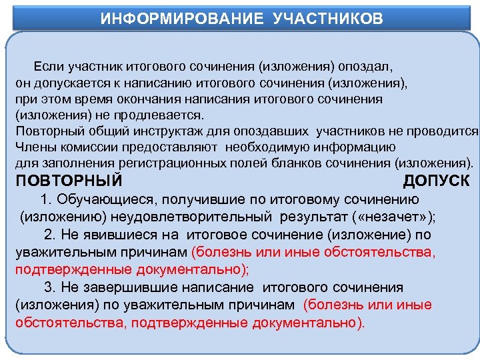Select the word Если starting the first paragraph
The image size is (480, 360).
[47, 68]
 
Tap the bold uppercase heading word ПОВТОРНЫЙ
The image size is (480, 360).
[69, 181]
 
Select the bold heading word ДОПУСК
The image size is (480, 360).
[436, 181]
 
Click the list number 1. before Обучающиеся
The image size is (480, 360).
[46, 199]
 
